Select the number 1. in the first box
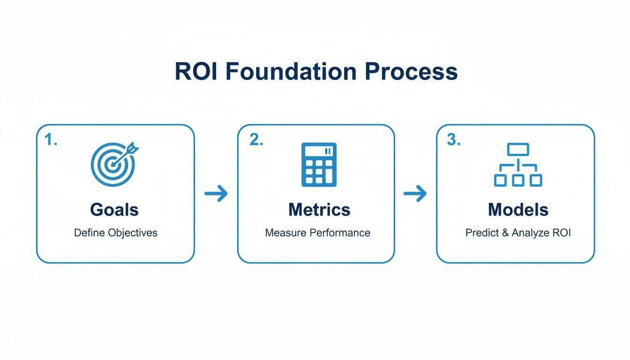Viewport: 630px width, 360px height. click(51, 140)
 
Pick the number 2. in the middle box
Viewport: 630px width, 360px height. click(256, 140)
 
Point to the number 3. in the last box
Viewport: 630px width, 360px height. click(454, 140)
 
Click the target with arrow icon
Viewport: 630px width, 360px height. click(113, 163)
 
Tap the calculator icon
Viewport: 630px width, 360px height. click(319, 164)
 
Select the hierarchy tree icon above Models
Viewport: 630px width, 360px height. click(518, 165)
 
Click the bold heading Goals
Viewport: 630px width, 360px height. click(114, 210)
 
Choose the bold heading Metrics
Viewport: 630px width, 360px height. click(319, 210)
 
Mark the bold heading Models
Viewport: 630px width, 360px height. click(518, 210)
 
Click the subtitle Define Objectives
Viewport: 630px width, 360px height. click(115, 232)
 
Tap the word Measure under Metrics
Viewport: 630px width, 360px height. click(285, 232)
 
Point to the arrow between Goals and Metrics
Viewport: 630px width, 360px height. click(216, 194)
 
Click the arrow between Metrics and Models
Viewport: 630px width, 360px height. click(415, 194)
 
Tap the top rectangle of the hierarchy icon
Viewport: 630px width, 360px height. click(518, 150)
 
